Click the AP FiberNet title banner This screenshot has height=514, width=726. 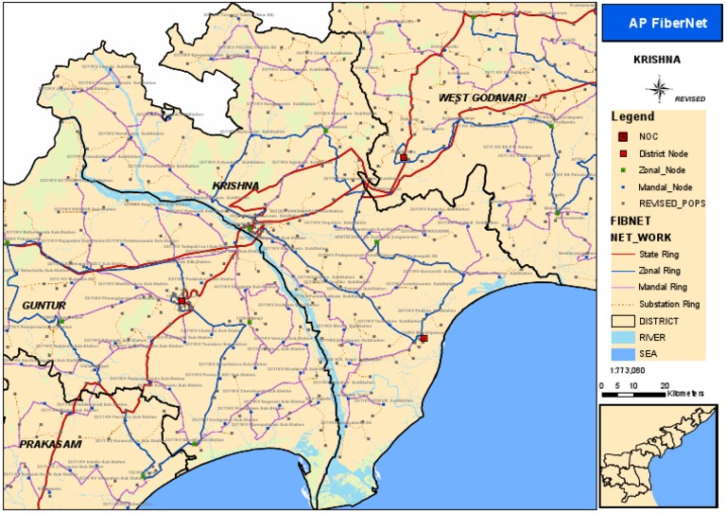(661, 22)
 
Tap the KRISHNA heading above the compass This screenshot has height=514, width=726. (657, 59)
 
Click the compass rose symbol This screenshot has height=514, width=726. (658, 90)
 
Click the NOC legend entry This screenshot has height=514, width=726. (648, 136)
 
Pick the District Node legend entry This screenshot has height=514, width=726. (662, 152)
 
